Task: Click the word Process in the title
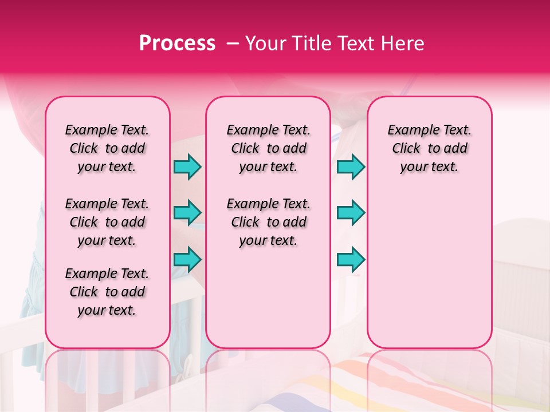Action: click(177, 43)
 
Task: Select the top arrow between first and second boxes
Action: click(187, 167)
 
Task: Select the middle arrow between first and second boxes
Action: click(187, 213)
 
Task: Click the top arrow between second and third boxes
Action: click(351, 167)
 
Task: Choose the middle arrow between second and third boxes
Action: click(351, 213)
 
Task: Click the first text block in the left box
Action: click(107, 148)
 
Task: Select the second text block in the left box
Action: click(107, 222)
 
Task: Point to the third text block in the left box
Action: click(107, 292)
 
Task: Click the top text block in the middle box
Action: click(268, 148)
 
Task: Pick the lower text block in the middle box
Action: click(268, 222)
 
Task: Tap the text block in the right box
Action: click(429, 148)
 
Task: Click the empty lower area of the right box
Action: click(429, 269)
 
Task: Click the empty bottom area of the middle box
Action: click(268, 303)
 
